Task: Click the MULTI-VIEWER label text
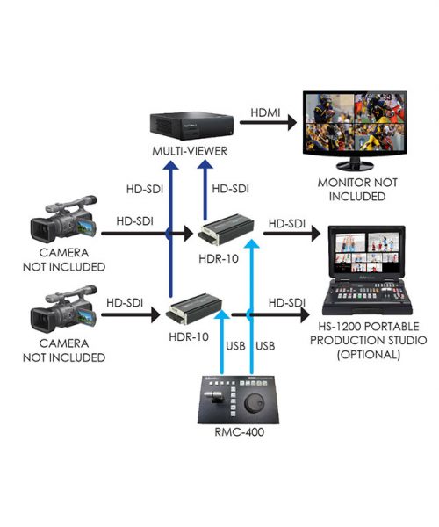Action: [190, 151]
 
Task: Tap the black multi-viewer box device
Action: [191, 126]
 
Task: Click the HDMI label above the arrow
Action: [265, 112]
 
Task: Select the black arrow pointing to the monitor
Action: [268, 123]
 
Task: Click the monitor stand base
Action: [355, 166]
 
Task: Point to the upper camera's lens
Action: [40, 230]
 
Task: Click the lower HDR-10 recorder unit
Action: [194, 309]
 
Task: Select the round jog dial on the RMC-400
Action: [255, 402]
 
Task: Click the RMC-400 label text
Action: [239, 432]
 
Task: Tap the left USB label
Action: [235, 346]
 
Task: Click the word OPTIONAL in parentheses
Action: [369, 355]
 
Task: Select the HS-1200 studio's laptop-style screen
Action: [366, 250]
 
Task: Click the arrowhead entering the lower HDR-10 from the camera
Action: [155, 315]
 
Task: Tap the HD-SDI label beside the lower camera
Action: [125, 303]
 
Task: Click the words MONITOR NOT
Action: [357, 183]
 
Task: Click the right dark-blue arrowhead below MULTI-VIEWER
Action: [205, 164]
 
